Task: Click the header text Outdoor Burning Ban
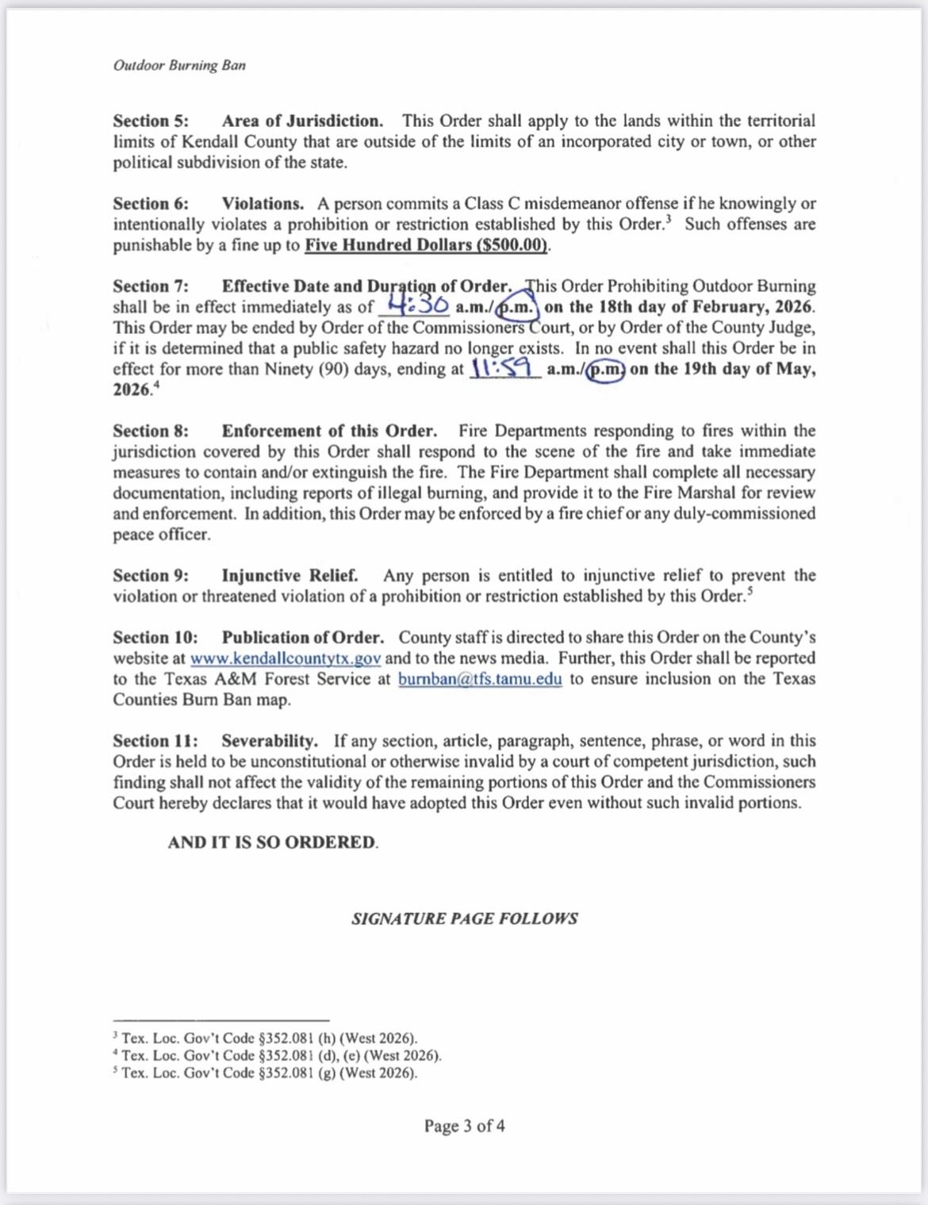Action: tap(179, 65)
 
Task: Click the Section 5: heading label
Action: tap(151, 121)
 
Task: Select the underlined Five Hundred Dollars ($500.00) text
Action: tap(426, 245)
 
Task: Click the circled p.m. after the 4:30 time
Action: tap(516, 307)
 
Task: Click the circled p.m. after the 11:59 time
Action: tap(605, 370)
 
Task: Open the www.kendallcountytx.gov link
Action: tap(286, 658)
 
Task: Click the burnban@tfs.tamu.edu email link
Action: tap(480, 679)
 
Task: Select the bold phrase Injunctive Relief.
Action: tap(290, 576)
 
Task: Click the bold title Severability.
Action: tap(269, 741)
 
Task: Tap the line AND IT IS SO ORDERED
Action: tap(272, 842)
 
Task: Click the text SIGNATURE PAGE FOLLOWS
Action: tap(465, 919)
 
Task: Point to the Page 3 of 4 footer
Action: tap(464, 1126)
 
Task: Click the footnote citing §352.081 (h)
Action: tap(268, 1038)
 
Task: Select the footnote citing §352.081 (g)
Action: tap(268, 1073)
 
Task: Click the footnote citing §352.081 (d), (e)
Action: tap(280, 1056)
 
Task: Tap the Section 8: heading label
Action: tap(151, 432)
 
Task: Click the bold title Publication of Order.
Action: tap(302, 638)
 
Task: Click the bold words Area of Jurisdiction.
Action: tap(302, 121)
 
